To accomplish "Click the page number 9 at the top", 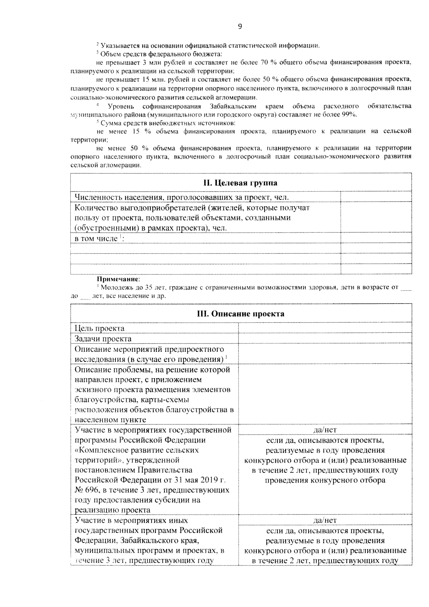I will coord(240,26).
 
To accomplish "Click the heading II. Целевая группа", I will coord(241,183).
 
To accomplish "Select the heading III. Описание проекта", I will coord(241,314).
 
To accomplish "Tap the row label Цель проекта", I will coord(99,328).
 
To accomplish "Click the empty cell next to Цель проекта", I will coord(325,328).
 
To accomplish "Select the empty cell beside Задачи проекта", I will coord(325,339).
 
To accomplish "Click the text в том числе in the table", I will coord(96,238).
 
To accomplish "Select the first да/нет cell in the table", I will coord(325,430).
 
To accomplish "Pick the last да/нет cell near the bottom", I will coord(325,520).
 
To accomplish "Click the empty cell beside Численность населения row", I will coord(376,197).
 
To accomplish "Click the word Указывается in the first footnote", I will coord(118,45).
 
